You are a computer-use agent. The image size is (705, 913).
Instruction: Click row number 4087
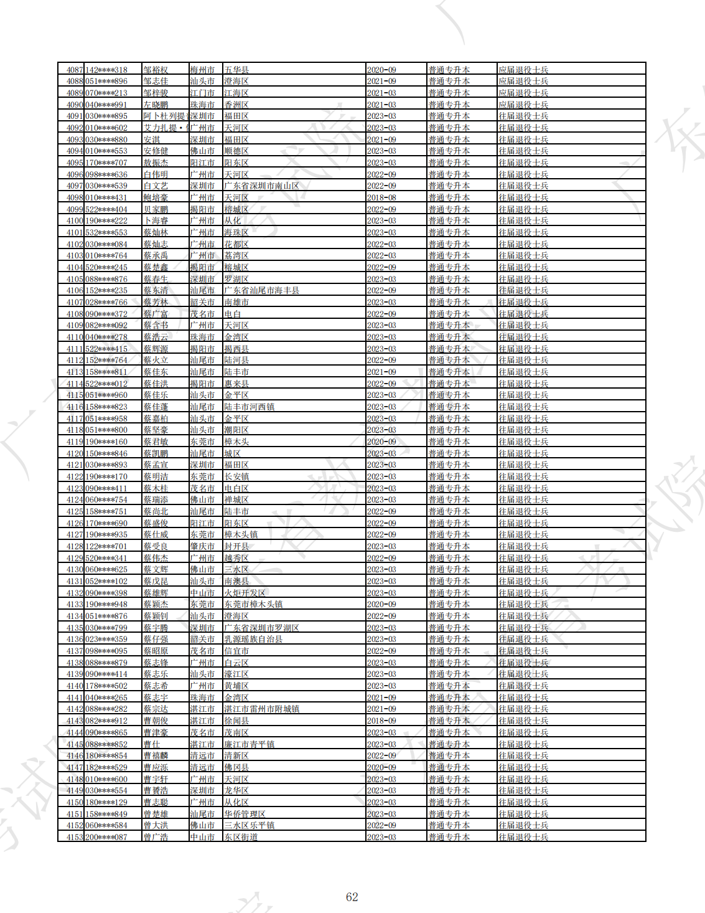(x=75, y=70)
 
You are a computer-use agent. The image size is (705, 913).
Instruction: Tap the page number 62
(x=352, y=897)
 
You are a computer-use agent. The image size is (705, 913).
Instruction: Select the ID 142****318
(x=106, y=70)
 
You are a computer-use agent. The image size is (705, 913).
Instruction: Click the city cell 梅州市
(x=202, y=70)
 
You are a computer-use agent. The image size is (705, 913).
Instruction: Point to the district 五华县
(x=236, y=70)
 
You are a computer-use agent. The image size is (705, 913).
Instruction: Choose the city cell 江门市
(x=202, y=93)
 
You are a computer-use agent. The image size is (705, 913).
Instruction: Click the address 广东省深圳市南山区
(x=261, y=186)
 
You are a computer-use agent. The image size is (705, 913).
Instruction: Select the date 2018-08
(x=381, y=197)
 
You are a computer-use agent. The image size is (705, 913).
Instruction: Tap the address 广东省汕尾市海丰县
(x=261, y=290)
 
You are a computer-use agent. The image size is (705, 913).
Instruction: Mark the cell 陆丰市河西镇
(x=249, y=407)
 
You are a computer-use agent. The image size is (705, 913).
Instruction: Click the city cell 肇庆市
(x=202, y=546)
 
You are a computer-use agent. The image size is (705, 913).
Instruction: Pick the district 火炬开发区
(x=245, y=593)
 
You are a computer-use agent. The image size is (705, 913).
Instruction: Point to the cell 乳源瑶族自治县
(x=253, y=639)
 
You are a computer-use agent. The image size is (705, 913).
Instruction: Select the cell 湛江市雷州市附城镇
(x=261, y=709)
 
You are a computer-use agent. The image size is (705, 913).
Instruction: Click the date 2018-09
(x=381, y=721)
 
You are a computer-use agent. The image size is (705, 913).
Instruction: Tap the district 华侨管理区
(x=245, y=814)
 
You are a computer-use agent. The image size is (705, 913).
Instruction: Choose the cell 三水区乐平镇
(x=249, y=825)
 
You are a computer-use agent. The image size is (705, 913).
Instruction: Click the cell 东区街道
(x=241, y=837)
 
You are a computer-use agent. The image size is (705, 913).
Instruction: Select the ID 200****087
(x=106, y=837)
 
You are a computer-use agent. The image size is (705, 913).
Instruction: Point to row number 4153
(x=75, y=837)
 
